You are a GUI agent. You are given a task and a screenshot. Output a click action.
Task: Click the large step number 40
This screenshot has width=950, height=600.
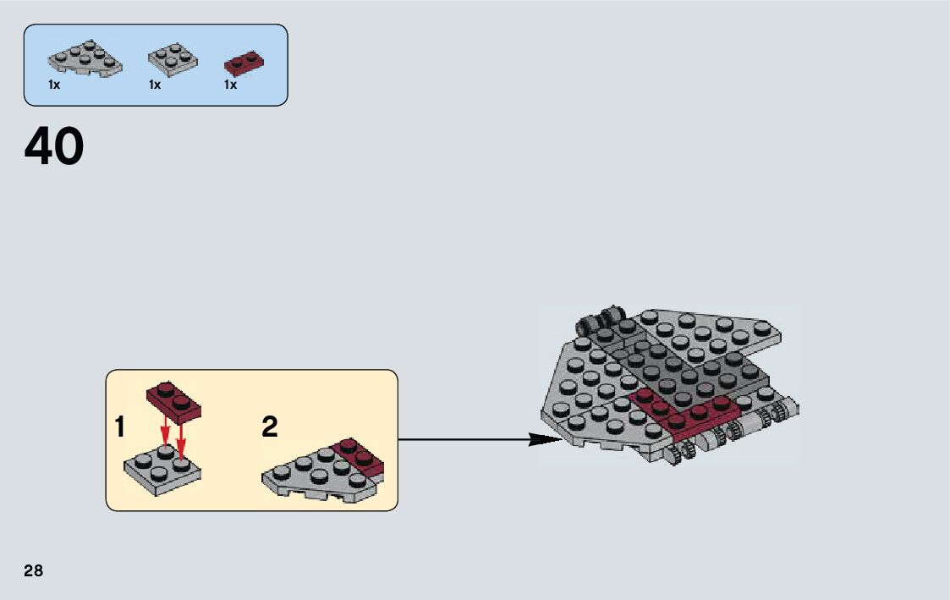(54, 146)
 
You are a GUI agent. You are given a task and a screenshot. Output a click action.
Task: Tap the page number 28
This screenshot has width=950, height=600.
(33, 570)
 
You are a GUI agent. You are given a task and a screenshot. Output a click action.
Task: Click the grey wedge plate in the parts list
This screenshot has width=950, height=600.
(84, 60)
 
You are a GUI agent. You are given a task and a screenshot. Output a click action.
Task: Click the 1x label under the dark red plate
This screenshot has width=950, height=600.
(230, 85)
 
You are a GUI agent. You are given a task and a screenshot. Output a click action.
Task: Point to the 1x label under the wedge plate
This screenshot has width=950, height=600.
(54, 85)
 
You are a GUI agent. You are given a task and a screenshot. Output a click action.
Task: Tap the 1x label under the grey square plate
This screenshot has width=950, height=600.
(155, 85)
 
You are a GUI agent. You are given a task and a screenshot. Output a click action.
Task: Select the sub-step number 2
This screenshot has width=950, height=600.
(269, 427)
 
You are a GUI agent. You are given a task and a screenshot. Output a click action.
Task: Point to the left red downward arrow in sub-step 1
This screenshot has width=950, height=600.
(166, 432)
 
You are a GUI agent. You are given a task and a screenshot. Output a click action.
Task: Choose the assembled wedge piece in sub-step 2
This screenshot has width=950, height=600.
(321, 474)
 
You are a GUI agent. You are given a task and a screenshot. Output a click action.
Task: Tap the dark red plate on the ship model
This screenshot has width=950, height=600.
(685, 415)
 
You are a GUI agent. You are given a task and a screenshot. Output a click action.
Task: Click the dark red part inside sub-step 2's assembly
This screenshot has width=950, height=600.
(360, 456)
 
